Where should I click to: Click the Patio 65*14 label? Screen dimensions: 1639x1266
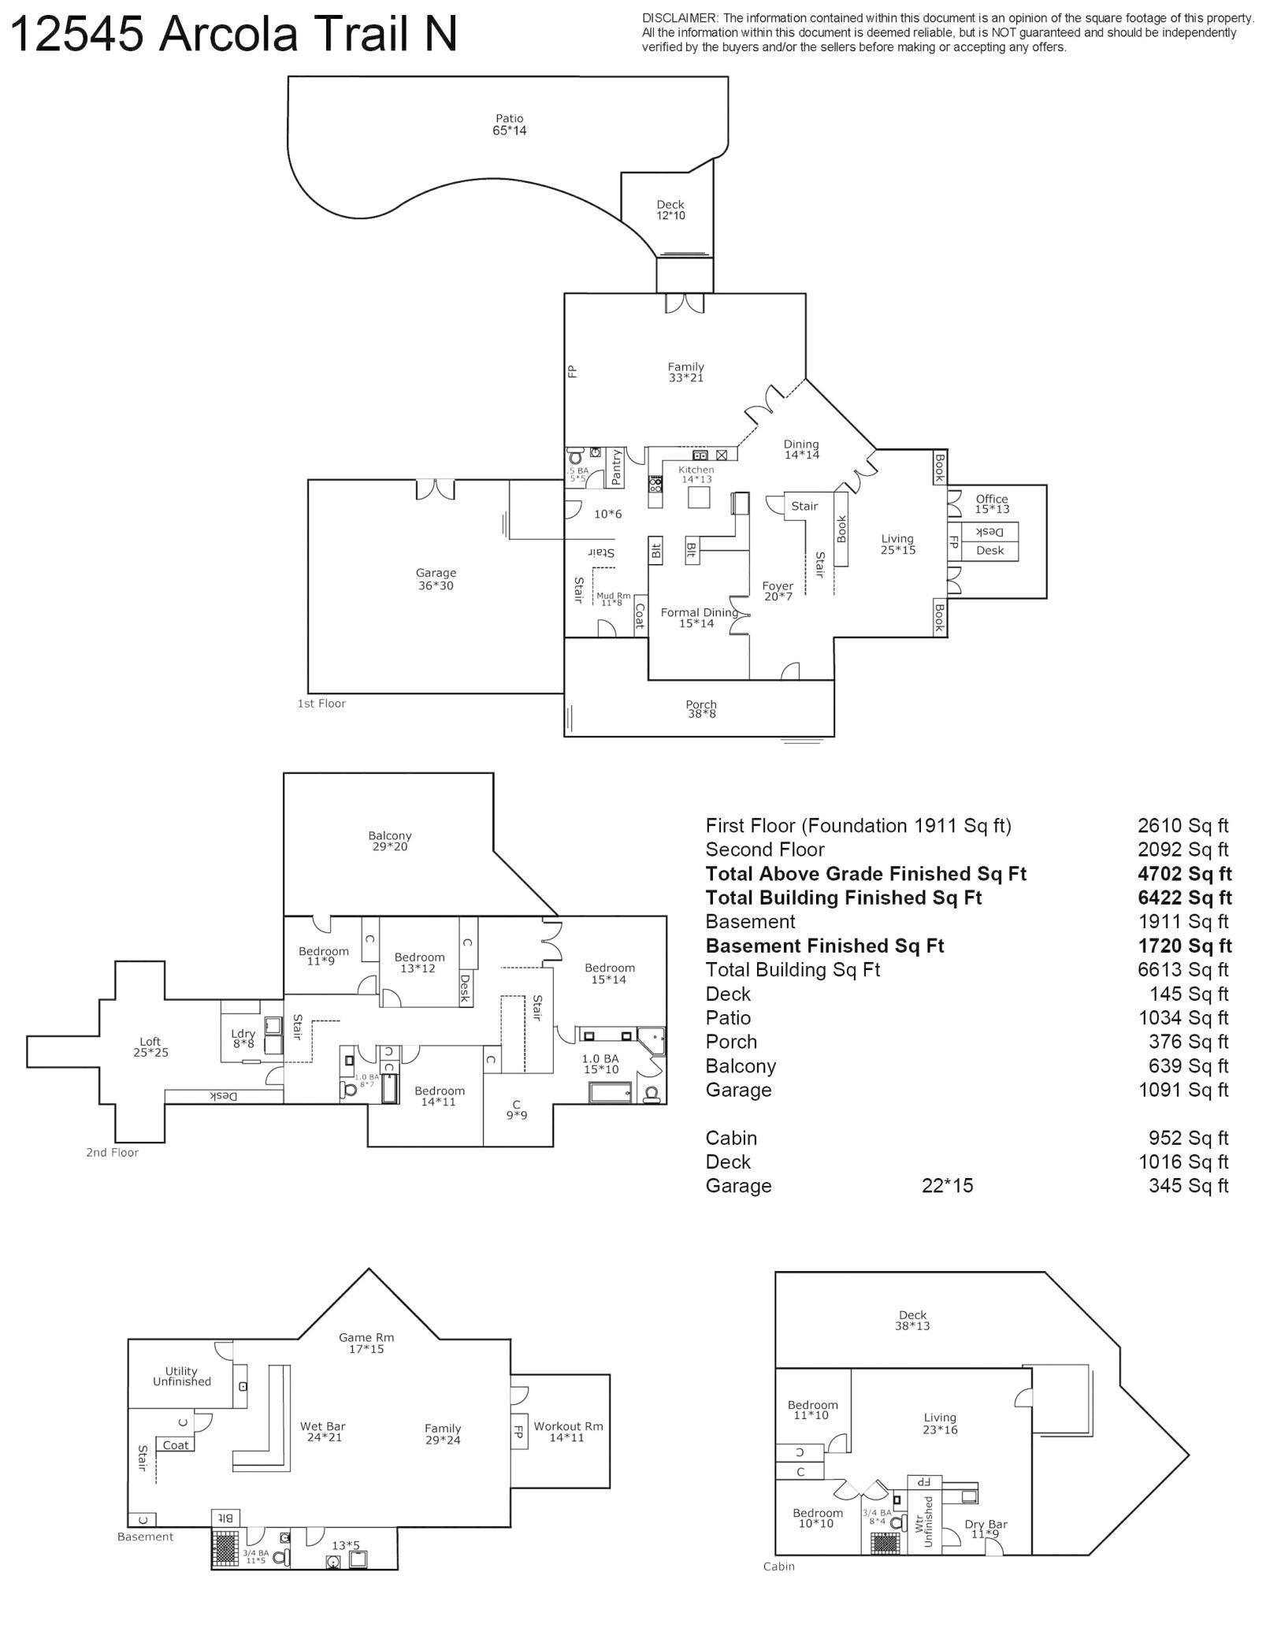509,125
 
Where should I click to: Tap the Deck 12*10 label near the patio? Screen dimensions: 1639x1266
670,210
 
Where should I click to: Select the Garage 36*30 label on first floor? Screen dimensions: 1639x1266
436,579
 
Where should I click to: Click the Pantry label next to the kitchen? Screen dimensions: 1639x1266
616,466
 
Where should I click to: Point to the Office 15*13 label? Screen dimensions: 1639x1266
992,504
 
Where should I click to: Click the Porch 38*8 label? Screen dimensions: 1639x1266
700,709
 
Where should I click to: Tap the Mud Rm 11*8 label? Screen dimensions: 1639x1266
613,599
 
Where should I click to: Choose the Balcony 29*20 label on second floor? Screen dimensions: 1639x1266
390,841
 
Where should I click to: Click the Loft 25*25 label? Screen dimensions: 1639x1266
150,1046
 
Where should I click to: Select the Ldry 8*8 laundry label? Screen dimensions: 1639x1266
243,1039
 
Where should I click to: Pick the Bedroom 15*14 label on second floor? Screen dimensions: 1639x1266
609,973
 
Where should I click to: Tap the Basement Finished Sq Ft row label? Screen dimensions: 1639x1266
824,946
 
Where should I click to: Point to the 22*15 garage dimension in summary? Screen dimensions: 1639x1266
947,1186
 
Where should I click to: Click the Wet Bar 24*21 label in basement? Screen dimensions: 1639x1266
322,1431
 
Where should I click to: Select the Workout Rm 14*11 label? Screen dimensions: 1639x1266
568,1431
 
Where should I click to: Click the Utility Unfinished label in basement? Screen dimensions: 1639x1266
181,1376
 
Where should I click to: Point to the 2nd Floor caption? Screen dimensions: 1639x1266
112,1152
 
